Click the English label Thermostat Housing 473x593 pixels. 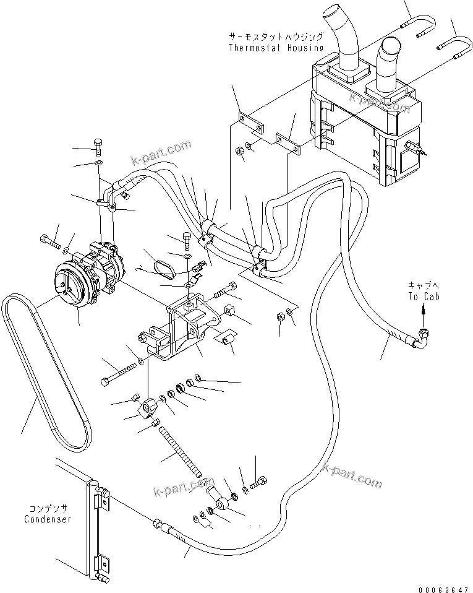coord(275,47)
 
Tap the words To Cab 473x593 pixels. coord(422,296)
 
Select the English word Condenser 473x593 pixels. coord(47,519)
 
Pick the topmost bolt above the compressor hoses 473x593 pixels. coord(99,145)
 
